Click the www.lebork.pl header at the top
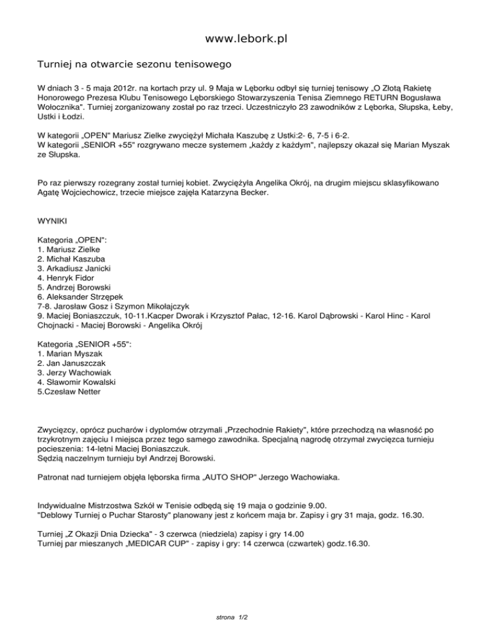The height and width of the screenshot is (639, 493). point(246,39)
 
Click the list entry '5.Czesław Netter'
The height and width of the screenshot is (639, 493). point(69,392)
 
